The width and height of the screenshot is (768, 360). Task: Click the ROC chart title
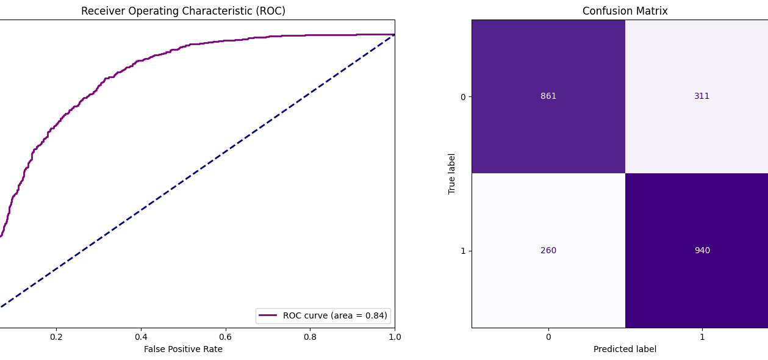point(183,11)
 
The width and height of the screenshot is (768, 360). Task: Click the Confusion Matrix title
point(625,11)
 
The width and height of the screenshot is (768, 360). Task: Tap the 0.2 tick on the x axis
point(56,337)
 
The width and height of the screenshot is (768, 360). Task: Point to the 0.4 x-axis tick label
point(141,337)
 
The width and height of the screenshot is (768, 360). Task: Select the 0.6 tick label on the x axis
point(225,337)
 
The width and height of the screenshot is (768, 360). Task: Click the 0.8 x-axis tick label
point(310,337)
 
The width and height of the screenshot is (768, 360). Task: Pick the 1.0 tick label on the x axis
point(394,337)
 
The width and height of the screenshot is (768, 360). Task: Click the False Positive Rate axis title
point(183,349)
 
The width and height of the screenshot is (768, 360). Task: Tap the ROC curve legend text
point(335,315)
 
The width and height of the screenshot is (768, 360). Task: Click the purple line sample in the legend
point(268,315)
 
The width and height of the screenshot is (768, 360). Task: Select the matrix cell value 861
point(548,96)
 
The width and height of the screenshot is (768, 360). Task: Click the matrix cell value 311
point(702,96)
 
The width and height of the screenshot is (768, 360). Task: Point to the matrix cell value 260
point(548,250)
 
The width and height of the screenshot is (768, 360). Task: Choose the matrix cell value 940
point(702,250)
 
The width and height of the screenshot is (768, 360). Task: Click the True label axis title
point(452,173)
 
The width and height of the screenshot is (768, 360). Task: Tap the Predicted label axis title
point(625,349)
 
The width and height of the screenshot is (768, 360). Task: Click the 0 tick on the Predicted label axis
point(548,337)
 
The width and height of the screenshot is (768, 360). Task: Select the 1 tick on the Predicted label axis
point(702,337)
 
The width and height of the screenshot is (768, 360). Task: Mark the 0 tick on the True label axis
point(463,96)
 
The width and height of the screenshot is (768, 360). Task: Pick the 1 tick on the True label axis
point(463,250)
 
